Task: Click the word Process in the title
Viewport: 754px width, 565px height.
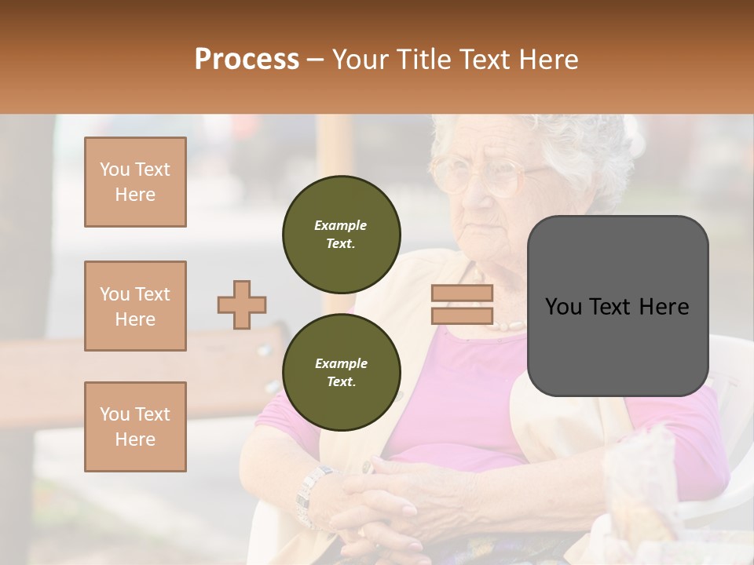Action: (247, 60)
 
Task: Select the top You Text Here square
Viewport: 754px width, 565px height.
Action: (135, 182)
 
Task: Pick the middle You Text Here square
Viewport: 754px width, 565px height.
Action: (135, 306)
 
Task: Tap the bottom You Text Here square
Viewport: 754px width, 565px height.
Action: (135, 427)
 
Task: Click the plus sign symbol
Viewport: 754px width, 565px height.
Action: (242, 304)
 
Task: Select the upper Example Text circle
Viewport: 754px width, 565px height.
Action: (341, 235)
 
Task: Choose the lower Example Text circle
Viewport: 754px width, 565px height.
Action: (341, 372)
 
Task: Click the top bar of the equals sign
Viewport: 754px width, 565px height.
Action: (462, 293)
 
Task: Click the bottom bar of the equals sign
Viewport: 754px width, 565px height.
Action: (462, 316)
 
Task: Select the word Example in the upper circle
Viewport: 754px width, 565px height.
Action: (341, 225)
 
